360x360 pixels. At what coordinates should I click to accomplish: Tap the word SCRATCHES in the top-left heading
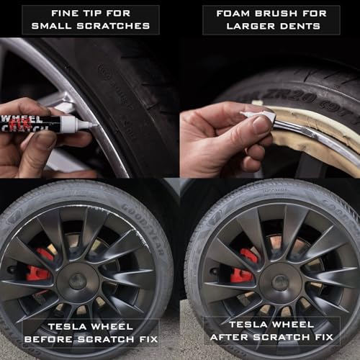(119, 27)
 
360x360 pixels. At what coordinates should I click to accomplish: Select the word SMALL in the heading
(66, 27)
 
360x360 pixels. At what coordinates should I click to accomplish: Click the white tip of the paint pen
(87, 124)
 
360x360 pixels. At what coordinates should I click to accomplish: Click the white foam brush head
(258, 116)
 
